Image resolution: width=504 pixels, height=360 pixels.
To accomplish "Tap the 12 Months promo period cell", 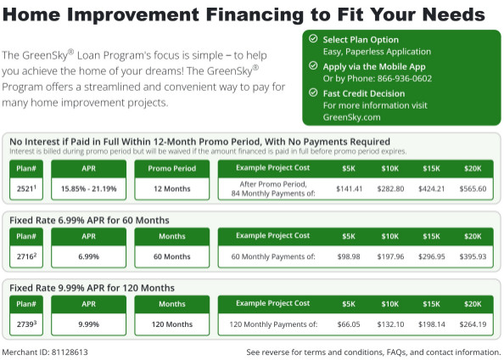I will click(171, 188).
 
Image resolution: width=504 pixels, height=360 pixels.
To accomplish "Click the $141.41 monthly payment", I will click(349, 188).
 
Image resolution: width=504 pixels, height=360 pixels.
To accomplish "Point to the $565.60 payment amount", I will click(472, 188).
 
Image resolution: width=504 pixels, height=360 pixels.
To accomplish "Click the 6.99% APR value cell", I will click(90, 256).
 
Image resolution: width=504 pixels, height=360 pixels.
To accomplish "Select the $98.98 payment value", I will click(349, 256).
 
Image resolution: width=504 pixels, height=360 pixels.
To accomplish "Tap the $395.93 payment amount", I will click(472, 256).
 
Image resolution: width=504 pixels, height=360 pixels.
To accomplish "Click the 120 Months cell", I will click(171, 324).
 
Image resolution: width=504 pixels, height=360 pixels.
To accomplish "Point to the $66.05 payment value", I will click(349, 324).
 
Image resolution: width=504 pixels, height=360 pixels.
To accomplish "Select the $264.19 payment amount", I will click(472, 324).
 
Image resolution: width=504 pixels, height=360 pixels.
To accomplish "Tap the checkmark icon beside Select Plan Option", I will click(313, 39).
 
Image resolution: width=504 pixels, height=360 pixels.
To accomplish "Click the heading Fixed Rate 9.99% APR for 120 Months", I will click(92, 288).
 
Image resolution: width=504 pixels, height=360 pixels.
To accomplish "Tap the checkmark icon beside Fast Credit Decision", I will click(313, 93).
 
